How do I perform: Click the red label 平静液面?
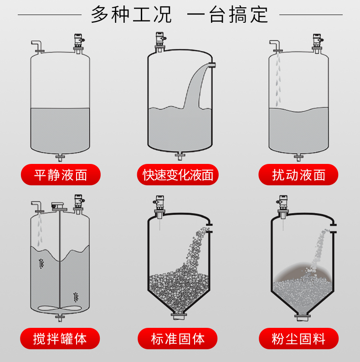click(61, 174)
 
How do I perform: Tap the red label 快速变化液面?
click(178, 174)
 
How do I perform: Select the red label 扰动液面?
click(298, 174)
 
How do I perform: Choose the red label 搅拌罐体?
click(60, 338)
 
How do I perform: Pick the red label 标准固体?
click(177, 338)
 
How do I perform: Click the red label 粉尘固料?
click(298, 338)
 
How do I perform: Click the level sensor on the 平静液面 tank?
click(79, 44)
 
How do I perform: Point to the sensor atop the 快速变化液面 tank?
click(160, 42)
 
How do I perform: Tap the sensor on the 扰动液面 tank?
click(318, 44)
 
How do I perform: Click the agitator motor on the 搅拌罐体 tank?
click(58, 206)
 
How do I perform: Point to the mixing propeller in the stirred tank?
click(60, 308)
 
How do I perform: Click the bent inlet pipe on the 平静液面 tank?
click(37, 46)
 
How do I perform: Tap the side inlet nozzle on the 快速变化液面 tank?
click(212, 65)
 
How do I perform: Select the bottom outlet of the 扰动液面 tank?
click(298, 158)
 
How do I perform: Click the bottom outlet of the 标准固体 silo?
click(179, 316)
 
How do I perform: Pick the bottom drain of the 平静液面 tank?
click(60, 158)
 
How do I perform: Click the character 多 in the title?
click(100, 15)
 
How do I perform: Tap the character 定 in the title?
click(259, 15)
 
